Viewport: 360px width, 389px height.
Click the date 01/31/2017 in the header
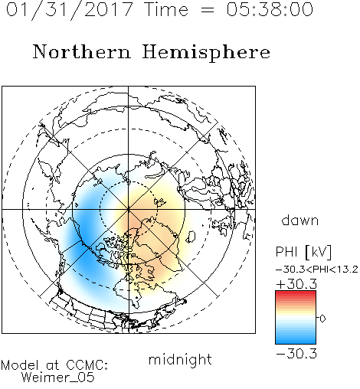tap(69, 10)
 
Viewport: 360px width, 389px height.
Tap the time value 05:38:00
tap(270, 9)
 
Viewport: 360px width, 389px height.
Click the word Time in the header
tap(166, 9)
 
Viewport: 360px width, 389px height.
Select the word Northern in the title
tap(82, 51)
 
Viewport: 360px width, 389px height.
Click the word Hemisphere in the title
tap(206, 53)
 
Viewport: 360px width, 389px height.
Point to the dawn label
tap(300, 220)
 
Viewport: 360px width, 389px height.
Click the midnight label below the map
tap(180, 360)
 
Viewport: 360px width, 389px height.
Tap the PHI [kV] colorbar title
tap(303, 252)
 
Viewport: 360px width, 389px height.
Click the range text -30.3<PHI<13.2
tap(317, 270)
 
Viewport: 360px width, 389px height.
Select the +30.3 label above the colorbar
tap(296, 284)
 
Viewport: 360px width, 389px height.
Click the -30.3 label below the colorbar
tap(296, 354)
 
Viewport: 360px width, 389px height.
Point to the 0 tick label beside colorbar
tap(322, 319)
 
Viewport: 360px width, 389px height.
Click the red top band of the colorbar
tap(296, 294)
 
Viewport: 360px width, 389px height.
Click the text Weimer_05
tap(58, 378)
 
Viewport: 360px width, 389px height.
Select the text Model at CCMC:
tap(54, 365)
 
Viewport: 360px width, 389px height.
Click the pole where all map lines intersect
tap(129, 210)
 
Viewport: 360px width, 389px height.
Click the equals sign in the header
tap(207, 10)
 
